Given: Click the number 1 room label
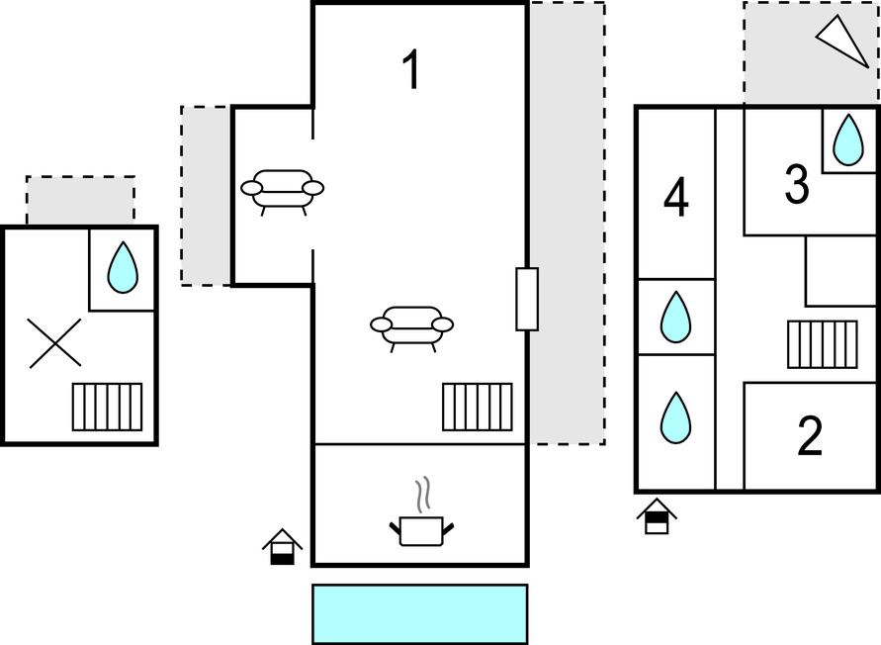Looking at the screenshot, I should click(x=411, y=71).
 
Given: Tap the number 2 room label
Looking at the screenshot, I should click(x=810, y=437).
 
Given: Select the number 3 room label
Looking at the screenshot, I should click(x=797, y=185).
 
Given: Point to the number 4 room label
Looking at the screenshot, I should click(x=676, y=198).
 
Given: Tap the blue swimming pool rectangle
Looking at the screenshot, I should click(x=419, y=613).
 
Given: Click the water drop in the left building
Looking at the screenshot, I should click(x=123, y=267).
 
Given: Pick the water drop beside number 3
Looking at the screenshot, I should click(x=847, y=139).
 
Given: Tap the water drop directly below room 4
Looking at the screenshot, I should click(x=675, y=317).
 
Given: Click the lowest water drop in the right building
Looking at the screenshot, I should click(x=675, y=417).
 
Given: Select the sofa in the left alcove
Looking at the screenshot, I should click(x=283, y=190).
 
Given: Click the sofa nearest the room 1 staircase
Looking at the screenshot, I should click(x=411, y=327).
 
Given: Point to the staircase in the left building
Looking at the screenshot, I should click(x=107, y=407).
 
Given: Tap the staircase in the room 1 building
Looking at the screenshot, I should click(x=478, y=407).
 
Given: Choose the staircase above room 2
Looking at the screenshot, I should click(x=822, y=344).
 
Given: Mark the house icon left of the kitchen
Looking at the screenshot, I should click(x=282, y=546).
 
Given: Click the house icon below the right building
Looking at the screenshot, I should click(x=657, y=516).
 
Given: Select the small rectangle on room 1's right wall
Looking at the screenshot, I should click(x=527, y=299).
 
